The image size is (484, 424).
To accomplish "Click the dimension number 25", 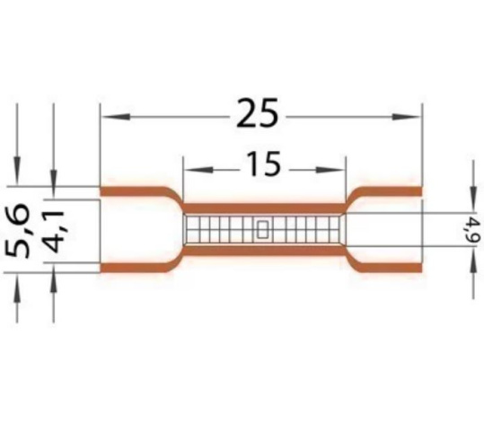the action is [257, 113].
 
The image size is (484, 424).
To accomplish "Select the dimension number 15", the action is [264, 164].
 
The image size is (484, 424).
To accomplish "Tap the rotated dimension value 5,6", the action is [18, 230].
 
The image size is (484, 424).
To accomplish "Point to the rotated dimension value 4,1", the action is [52, 227].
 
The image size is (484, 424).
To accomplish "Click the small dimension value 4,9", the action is [475, 229].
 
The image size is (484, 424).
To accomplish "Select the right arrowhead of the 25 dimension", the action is [406, 117].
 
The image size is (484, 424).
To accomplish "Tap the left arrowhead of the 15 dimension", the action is [198, 170].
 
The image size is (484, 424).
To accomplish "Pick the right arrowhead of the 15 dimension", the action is [330, 170].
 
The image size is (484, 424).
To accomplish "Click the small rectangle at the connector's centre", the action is [262, 229].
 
